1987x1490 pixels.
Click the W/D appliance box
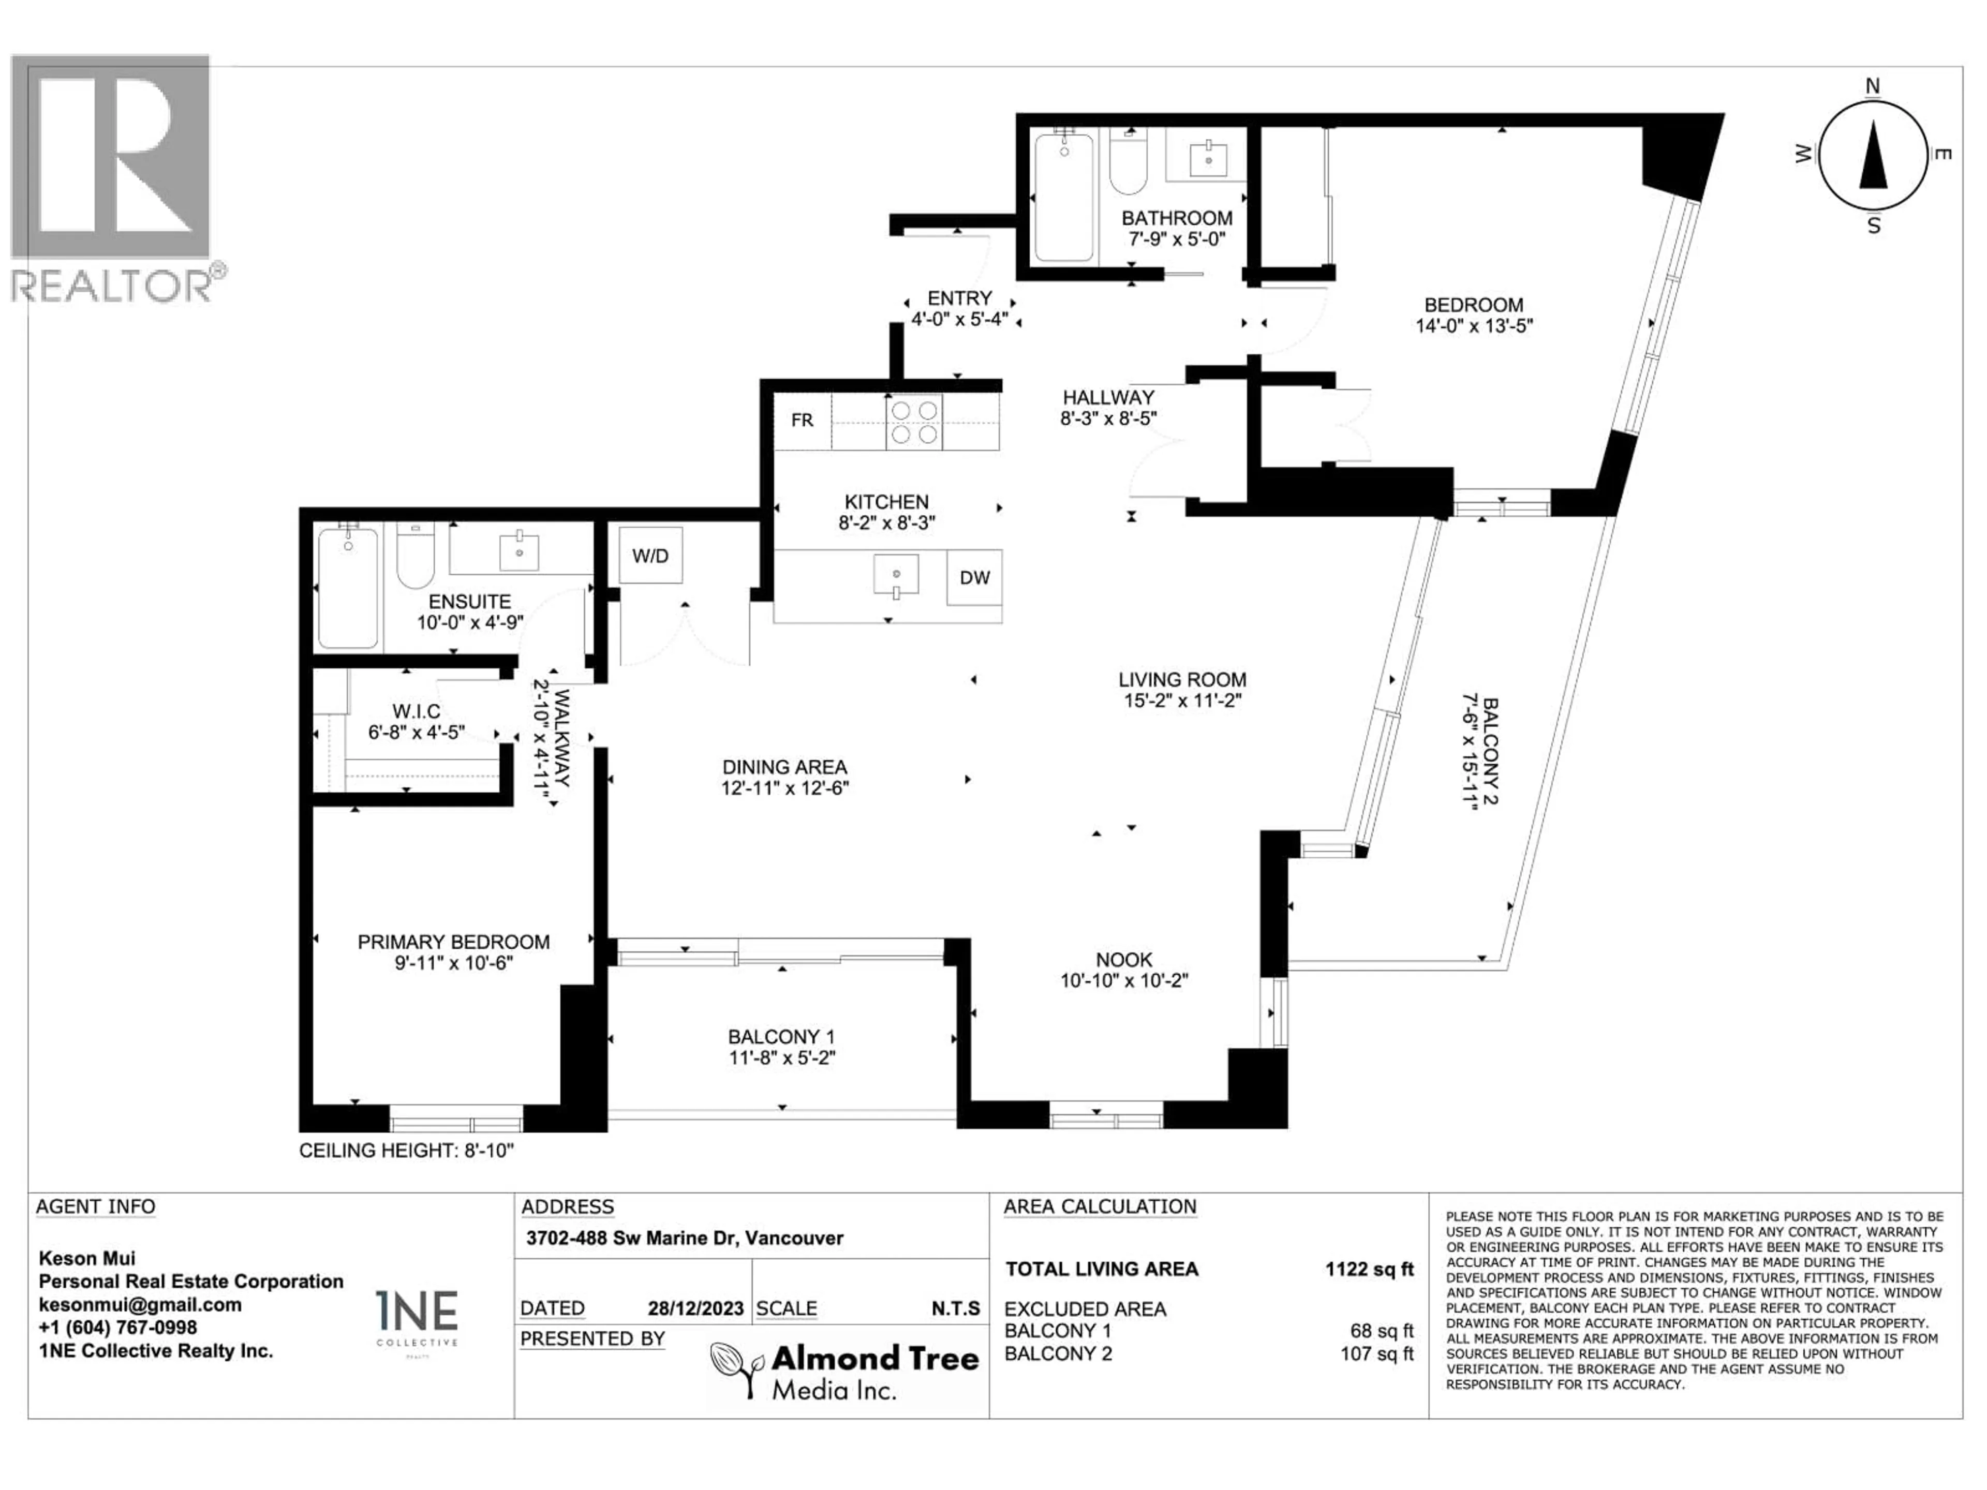[x=650, y=556]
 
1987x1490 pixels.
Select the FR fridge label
[x=802, y=420]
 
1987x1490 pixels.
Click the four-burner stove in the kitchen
[x=913, y=422]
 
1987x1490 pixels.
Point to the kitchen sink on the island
[x=896, y=575]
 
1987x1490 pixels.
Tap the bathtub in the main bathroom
[x=1063, y=198]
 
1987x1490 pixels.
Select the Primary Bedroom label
[x=454, y=942]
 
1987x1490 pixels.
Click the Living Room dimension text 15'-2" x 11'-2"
[x=1182, y=701]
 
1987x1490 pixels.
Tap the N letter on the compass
[x=1873, y=86]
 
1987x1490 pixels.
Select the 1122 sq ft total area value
[x=1369, y=1269]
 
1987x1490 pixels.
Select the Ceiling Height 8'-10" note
[x=406, y=1151]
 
